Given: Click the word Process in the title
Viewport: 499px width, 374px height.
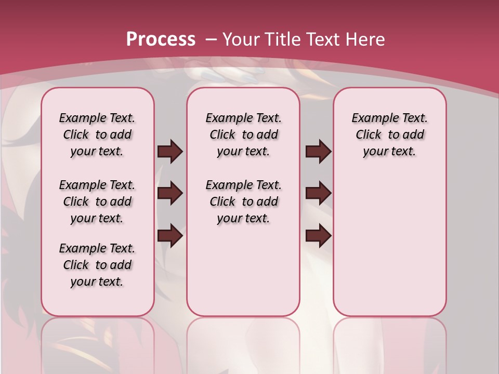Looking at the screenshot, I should tap(161, 39).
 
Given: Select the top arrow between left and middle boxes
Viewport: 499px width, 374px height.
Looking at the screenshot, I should tap(170, 151).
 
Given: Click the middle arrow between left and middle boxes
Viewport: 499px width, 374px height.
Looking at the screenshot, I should tap(170, 193).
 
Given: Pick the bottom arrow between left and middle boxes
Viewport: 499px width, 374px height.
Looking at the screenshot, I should tap(170, 235).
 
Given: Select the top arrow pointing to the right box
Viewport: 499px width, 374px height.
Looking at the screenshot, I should tap(318, 151).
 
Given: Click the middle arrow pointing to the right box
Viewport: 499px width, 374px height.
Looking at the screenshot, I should tap(318, 193).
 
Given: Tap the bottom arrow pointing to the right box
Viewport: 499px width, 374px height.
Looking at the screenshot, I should tap(318, 235).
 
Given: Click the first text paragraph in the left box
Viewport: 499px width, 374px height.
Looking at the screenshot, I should tap(97, 135).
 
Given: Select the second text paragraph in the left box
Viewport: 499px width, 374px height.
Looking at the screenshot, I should tap(97, 202).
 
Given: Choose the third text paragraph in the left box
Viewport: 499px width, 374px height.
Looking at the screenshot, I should tap(97, 265).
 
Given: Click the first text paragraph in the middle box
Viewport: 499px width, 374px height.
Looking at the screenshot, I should tap(243, 135).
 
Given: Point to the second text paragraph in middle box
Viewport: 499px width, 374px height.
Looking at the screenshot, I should tap(243, 202).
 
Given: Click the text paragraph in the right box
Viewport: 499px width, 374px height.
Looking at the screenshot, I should tap(389, 135).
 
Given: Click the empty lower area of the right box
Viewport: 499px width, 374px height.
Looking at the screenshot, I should tap(389, 244).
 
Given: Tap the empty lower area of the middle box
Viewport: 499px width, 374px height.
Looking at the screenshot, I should tap(243, 270).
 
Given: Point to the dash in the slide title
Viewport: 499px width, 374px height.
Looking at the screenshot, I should tap(212, 39).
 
